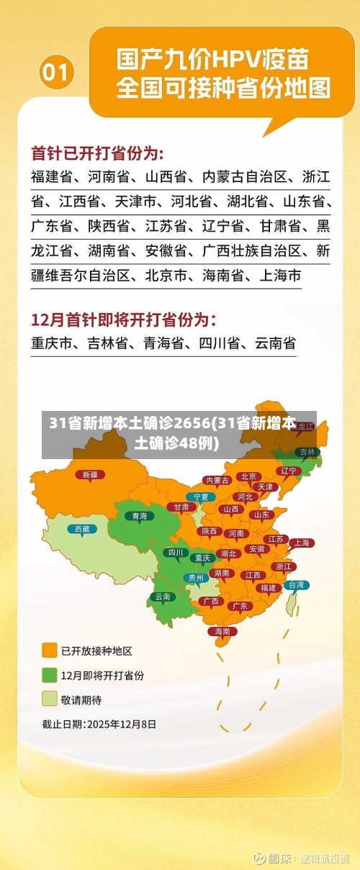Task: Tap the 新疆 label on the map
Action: (x=90, y=474)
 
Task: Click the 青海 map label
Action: (x=139, y=515)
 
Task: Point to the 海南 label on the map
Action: (x=222, y=631)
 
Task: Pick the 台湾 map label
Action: (x=296, y=585)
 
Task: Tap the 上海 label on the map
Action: (x=301, y=543)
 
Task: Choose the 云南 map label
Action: (x=163, y=597)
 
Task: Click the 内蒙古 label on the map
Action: (x=217, y=480)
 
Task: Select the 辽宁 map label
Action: (x=288, y=471)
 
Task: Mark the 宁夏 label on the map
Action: (x=201, y=497)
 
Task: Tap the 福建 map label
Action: (x=268, y=587)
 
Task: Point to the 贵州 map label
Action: (x=196, y=577)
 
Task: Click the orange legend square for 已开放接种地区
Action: (x=50, y=651)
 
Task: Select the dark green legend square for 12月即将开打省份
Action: (x=50, y=675)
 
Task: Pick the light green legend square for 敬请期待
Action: (x=50, y=699)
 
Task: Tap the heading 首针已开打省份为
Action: (x=97, y=153)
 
